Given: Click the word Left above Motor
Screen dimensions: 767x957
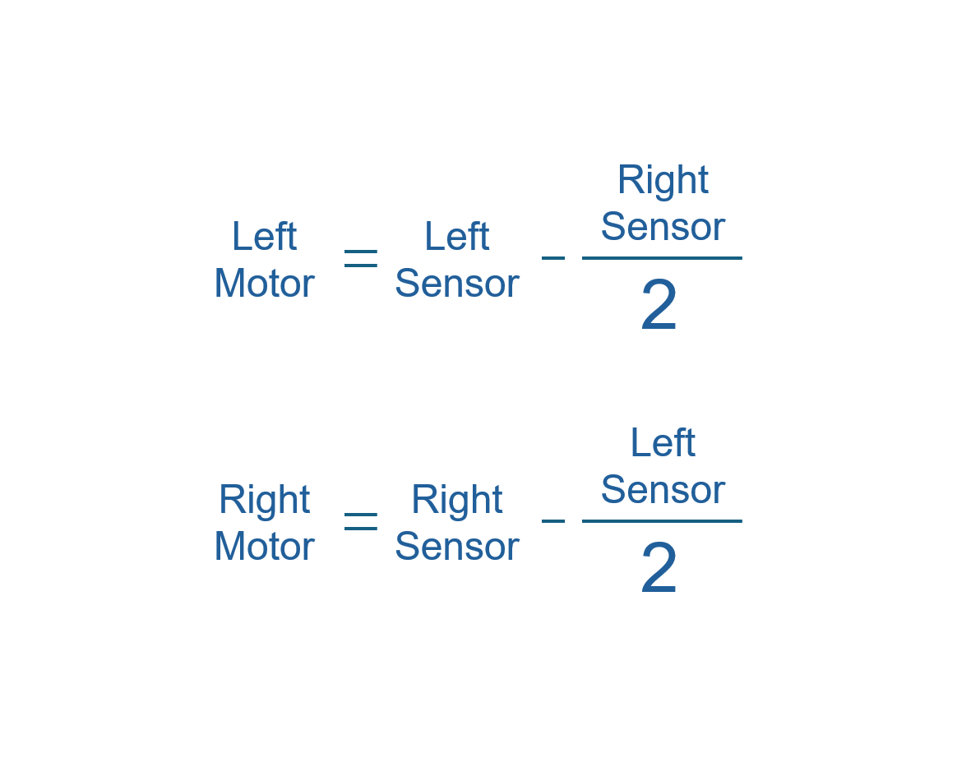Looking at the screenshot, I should coord(264,237).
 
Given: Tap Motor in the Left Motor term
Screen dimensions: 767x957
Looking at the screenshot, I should coord(264,284).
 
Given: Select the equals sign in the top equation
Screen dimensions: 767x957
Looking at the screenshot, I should coord(360,259).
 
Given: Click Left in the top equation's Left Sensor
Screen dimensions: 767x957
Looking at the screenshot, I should coord(456,237).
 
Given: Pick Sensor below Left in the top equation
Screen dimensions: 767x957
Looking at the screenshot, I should coord(456,284).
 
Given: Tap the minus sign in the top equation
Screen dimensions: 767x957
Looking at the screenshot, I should coord(553,258).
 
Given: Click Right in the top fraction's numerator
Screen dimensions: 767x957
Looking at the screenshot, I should coord(663,180).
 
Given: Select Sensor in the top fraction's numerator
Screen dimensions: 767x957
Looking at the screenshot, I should coord(663,227).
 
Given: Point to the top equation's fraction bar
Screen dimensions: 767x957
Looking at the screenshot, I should coord(662,258).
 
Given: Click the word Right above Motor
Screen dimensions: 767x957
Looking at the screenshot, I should coord(264,500).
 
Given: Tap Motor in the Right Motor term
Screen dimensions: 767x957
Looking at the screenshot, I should coord(264,547).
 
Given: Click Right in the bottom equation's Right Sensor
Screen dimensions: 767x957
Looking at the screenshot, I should coord(456,500).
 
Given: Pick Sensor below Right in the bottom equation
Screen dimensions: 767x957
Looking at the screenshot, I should coord(456,547).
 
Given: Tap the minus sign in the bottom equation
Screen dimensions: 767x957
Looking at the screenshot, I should coord(553,521).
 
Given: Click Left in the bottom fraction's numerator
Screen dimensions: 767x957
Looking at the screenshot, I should coord(663,443).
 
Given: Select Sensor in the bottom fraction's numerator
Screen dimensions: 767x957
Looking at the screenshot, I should coord(663,490).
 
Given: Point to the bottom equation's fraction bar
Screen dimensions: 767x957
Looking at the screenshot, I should coord(662,521).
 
